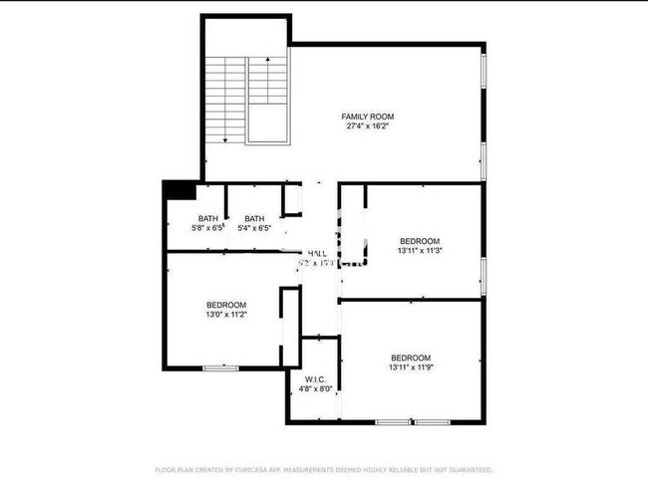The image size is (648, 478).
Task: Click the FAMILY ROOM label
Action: click(x=362, y=117)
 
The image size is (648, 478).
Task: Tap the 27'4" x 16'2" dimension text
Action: click(x=362, y=126)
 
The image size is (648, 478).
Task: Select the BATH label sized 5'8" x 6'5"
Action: click(x=207, y=219)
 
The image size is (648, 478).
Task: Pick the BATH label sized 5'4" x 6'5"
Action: click(x=254, y=219)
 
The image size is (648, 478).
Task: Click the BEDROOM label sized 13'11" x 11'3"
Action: click(x=419, y=241)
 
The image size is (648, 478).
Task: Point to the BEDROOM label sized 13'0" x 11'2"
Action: click(x=226, y=305)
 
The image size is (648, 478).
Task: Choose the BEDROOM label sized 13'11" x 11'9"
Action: click(x=410, y=358)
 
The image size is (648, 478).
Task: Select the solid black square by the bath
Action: click(x=178, y=189)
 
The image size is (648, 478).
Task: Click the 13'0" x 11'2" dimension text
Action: click(x=226, y=315)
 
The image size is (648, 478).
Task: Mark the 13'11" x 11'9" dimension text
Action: click(x=410, y=367)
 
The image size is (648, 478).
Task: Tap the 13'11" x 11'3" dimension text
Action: click(x=419, y=251)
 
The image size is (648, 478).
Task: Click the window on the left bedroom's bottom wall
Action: click(x=220, y=368)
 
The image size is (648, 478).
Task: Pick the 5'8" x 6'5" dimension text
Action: click(x=207, y=228)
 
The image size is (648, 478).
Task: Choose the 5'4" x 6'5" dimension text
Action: click(x=254, y=228)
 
